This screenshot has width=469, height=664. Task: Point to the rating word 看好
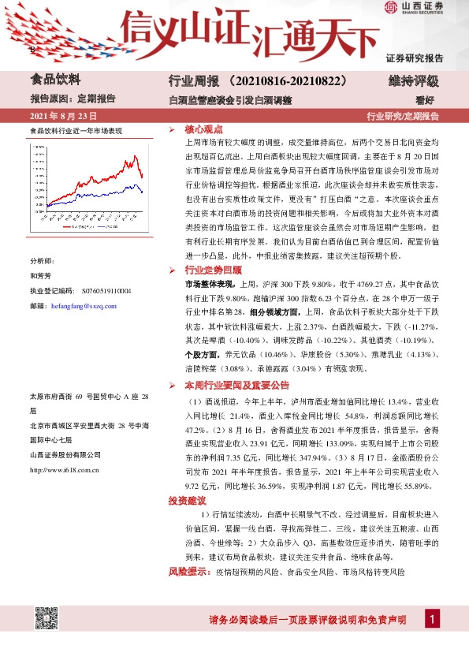pos(426,100)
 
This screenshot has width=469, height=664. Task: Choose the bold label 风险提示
pos(190,571)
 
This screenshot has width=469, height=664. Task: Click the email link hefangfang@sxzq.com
pos(83,306)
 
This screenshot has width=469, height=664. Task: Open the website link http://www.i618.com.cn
pos(64,471)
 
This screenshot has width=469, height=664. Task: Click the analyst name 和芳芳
pos(41,276)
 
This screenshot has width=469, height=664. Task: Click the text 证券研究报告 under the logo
pos(415,58)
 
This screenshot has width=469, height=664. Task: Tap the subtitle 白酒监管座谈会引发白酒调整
pos(230,100)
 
